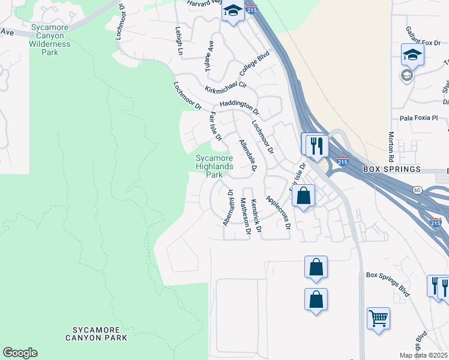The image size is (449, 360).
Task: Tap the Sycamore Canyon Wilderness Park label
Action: (x=50, y=40)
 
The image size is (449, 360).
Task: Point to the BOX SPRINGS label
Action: (x=393, y=170)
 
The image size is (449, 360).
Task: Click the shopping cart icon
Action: (x=378, y=319)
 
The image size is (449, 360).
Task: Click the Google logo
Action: (x=20, y=353)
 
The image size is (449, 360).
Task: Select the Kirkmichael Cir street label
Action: (x=226, y=89)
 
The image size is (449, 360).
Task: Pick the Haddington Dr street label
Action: (x=240, y=106)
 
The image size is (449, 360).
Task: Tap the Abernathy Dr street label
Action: (x=228, y=207)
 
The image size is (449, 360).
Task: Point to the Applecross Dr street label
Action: (x=277, y=212)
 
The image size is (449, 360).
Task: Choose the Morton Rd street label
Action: (x=391, y=146)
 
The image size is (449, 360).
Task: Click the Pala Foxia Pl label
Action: (x=419, y=118)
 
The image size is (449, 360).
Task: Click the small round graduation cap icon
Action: (x=406, y=75)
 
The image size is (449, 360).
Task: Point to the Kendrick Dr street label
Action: (x=256, y=216)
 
